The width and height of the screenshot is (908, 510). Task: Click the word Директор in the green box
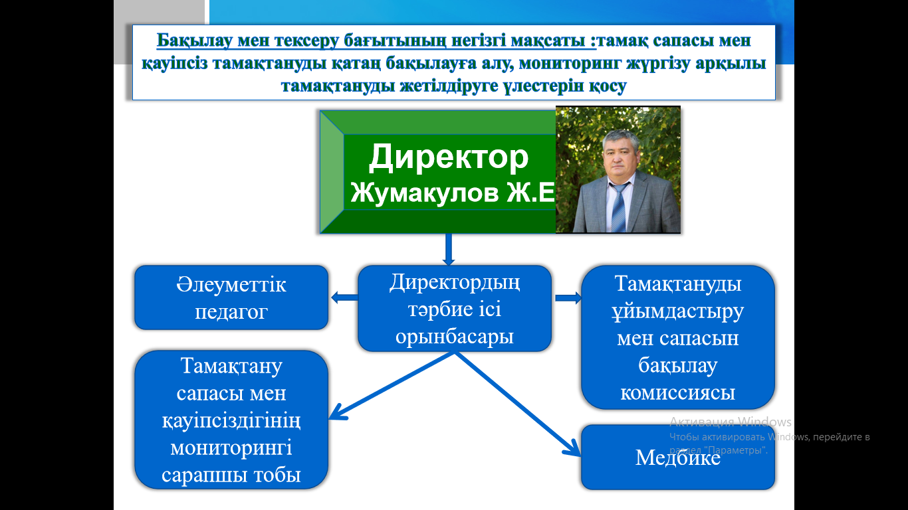449,157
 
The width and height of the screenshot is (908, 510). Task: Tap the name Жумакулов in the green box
424,193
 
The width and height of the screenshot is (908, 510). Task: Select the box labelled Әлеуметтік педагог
231,297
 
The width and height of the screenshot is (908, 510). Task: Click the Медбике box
678,458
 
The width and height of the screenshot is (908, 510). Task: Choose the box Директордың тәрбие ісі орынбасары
455,308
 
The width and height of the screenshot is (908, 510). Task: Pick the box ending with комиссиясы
678,337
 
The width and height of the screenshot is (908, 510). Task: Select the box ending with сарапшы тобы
231,420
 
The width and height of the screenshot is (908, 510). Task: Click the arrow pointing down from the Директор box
449,249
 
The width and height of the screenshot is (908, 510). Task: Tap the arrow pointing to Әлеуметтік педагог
344,297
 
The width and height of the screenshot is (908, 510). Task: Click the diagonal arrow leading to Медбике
518,404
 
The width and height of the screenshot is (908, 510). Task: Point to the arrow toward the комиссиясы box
568,298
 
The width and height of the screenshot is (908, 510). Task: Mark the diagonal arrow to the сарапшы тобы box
392,385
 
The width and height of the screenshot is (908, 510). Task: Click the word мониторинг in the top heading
570,64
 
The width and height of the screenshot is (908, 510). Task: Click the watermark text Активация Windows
730,422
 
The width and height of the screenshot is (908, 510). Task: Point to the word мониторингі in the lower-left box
231,448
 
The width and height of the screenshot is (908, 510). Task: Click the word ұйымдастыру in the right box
677,311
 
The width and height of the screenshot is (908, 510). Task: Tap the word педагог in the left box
231,312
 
